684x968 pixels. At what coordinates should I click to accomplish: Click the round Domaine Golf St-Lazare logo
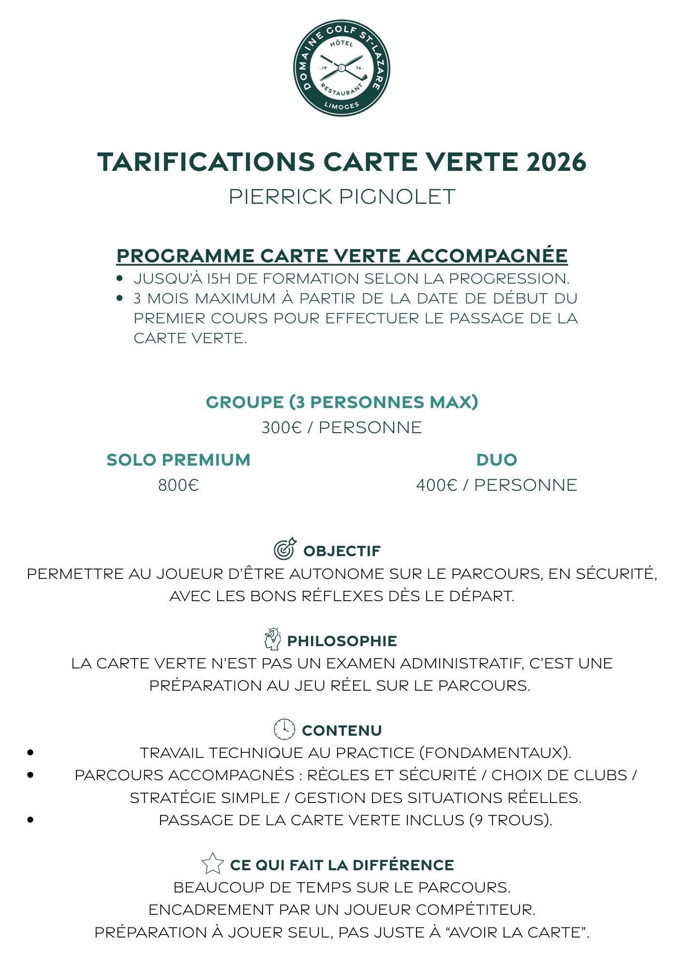[342, 68]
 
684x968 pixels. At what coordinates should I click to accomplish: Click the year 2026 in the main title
[556, 162]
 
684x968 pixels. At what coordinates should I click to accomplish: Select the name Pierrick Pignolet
[342, 197]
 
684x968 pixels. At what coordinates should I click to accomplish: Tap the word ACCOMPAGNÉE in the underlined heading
[486, 256]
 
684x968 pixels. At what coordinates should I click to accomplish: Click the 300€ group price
[282, 428]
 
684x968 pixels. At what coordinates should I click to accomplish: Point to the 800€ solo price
[178, 485]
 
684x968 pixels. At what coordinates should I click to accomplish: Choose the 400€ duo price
[436, 485]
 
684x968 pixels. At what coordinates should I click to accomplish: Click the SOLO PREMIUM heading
[178, 460]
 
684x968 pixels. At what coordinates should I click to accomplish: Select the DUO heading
[497, 460]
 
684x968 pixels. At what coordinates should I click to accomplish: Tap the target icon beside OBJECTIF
[285, 549]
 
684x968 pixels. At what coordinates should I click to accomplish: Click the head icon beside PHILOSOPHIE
[273, 639]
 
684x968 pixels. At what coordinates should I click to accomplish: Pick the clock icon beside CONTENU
[284, 729]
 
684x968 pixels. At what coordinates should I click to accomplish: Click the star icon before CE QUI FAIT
[212, 863]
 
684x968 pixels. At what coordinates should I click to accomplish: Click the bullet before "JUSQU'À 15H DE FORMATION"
[120, 279]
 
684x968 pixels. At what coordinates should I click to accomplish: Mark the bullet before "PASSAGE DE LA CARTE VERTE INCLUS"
[31, 820]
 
